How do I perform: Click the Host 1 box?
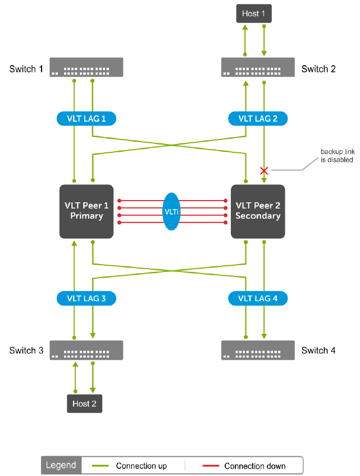click(254, 13)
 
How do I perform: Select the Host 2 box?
click(84, 404)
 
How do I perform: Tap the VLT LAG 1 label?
click(86, 119)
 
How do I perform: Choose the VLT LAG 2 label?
click(258, 119)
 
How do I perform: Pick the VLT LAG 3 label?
click(86, 298)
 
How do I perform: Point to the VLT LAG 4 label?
click(258, 298)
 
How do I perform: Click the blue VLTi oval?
click(171, 212)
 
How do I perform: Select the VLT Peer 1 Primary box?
click(86, 211)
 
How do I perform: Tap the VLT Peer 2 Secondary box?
click(258, 211)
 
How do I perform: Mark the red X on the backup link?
click(264, 171)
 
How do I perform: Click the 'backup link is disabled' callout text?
click(338, 156)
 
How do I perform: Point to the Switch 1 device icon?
click(86, 67)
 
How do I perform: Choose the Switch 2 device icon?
click(258, 67)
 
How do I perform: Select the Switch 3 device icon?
click(86, 350)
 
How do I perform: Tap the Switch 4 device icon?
click(258, 350)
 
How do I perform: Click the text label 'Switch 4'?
click(318, 350)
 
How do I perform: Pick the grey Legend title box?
click(61, 465)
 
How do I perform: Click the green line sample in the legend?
click(101, 466)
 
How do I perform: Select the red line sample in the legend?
click(211, 466)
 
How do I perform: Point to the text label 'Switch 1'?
click(26, 69)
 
